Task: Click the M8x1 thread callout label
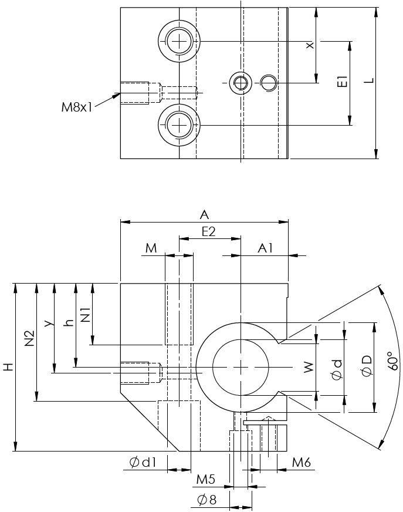[x=77, y=107]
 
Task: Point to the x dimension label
[x=310, y=45]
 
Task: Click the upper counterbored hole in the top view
[x=179, y=41]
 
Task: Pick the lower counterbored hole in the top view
[x=179, y=124]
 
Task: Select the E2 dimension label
[x=209, y=231]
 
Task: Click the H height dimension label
[x=7, y=368]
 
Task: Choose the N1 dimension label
[x=84, y=315]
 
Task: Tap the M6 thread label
[x=301, y=463]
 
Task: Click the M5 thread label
[x=205, y=480]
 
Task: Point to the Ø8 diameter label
[x=206, y=500]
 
